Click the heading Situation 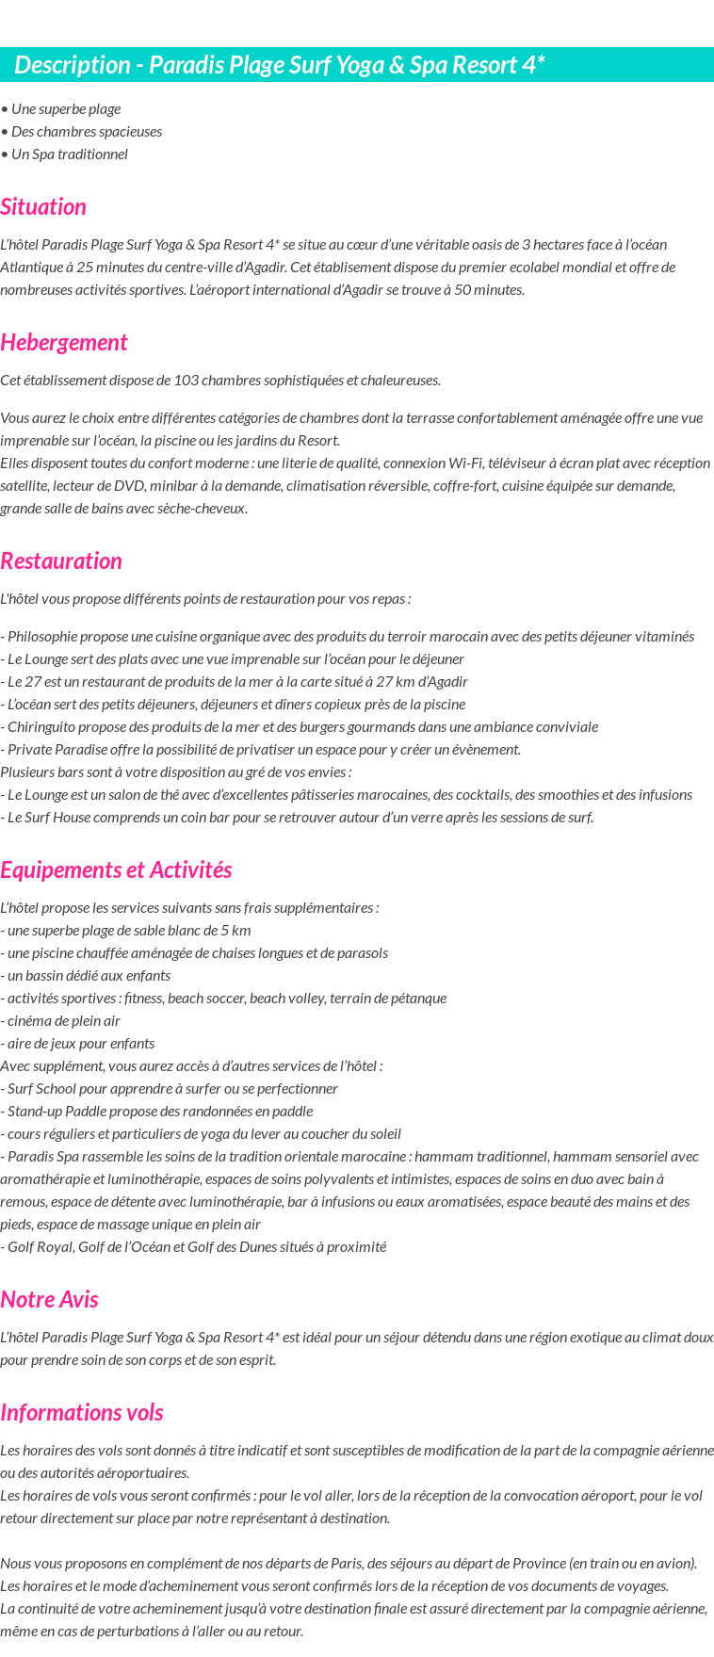43,206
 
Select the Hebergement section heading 64,342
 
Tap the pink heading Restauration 61,560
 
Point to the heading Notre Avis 49,1299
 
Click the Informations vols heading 82,1412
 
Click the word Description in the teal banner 72,65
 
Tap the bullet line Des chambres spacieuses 86,131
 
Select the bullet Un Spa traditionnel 69,154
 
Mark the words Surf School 39,1088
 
